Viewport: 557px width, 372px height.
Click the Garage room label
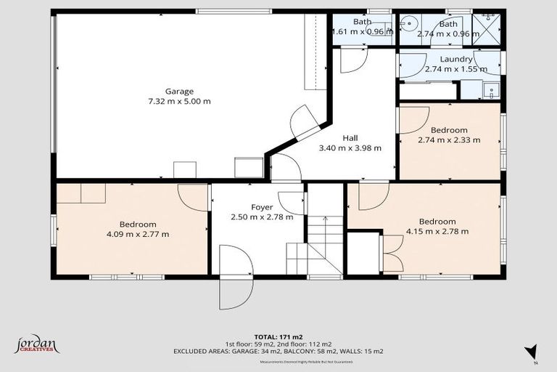(x=179, y=92)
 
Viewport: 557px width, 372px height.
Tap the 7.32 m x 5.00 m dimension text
(x=179, y=102)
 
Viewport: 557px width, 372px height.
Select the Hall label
(x=350, y=138)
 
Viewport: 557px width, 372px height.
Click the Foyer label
(x=262, y=207)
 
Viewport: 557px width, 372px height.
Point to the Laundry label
(x=457, y=59)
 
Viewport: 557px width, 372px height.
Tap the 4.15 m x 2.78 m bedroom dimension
(x=437, y=232)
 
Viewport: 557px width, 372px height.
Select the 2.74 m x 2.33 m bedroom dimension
(x=449, y=140)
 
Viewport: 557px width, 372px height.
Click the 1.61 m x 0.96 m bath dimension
(x=362, y=32)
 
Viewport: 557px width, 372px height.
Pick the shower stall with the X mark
(x=486, y=29)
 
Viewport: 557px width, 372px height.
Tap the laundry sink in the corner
(x=491, y=91)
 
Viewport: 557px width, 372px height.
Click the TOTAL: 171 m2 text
(x=278, y=336)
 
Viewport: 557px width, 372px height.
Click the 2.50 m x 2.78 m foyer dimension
(x=262, y=217)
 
